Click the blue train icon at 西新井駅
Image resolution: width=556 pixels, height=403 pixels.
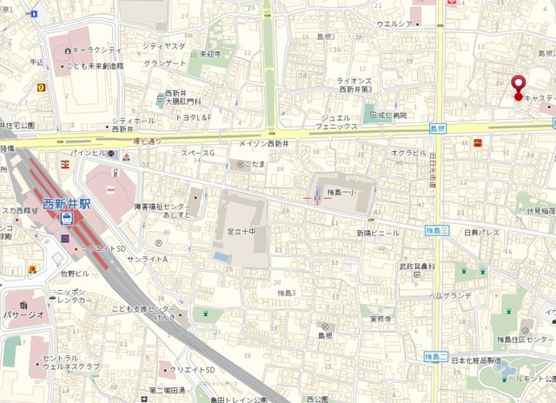point(67,220)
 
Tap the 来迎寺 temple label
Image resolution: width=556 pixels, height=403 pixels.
point(210,53)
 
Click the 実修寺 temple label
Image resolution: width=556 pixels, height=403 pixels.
point(383,319)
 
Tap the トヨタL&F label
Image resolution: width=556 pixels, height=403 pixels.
point(194,116)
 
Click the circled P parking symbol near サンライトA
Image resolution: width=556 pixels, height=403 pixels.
point(158,244)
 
